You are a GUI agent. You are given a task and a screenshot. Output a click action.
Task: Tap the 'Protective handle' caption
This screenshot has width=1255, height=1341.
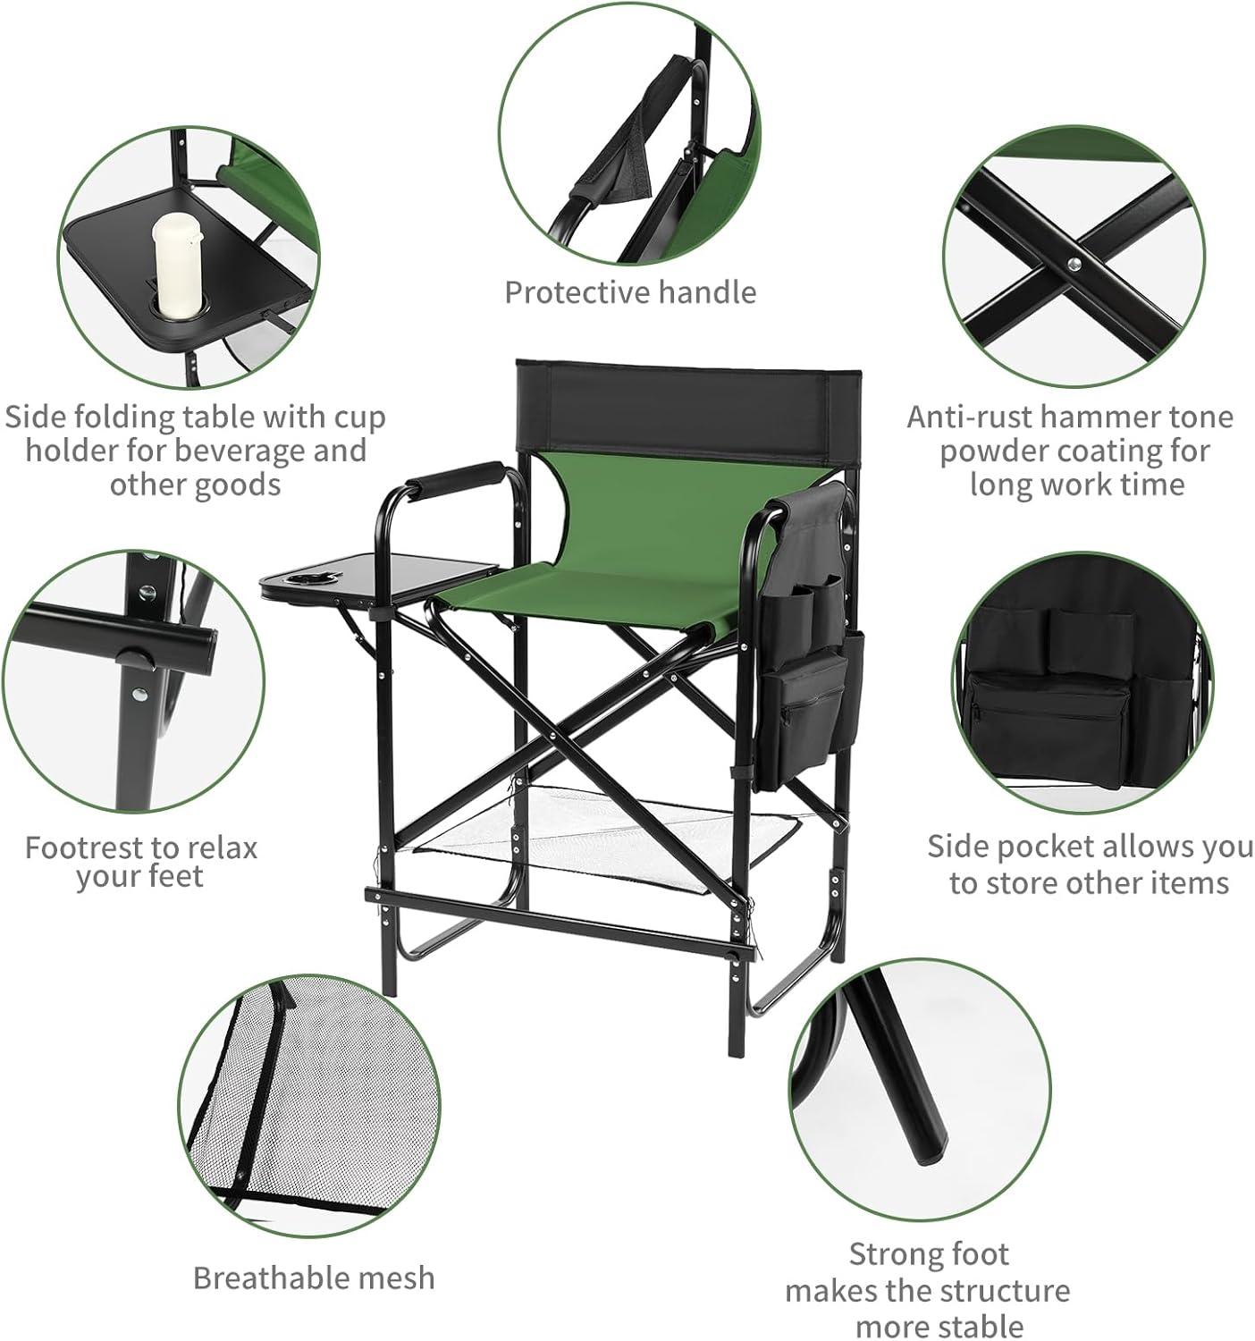coord(630,292)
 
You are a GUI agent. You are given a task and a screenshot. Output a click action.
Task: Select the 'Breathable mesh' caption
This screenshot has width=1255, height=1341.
coord(314,1278)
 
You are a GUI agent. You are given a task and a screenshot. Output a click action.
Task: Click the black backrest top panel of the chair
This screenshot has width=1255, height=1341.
coord(687,409)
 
